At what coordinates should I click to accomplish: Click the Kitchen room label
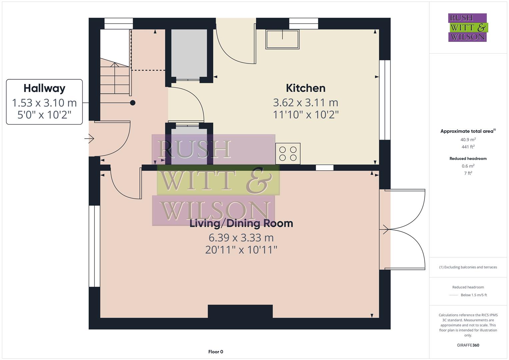click(305, 88)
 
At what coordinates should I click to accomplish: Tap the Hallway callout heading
click(44, 88)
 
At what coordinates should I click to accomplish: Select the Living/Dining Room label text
click(241, 223)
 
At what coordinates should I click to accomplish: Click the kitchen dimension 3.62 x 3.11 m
click(305, 102)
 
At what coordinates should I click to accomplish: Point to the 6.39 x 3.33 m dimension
click(241, 238)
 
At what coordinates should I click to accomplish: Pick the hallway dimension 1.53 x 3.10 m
click(44, 103)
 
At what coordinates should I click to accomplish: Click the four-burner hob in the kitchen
click(288, 153)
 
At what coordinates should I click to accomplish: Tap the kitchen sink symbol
click(282, 39)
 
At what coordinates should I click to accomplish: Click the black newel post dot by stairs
click(133, 103)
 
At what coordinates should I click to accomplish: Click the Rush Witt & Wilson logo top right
click(468, 27)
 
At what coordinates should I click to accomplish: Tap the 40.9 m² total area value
click(468, 140)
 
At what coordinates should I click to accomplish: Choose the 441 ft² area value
click(468, 147)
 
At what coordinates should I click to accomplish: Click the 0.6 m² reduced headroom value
click(468, 166)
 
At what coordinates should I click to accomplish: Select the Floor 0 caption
click(216, 352)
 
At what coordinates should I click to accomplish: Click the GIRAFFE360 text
click(468, 345)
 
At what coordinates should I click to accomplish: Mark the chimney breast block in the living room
click(240, 311)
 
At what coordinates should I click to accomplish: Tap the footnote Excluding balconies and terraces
click(468, 267)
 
